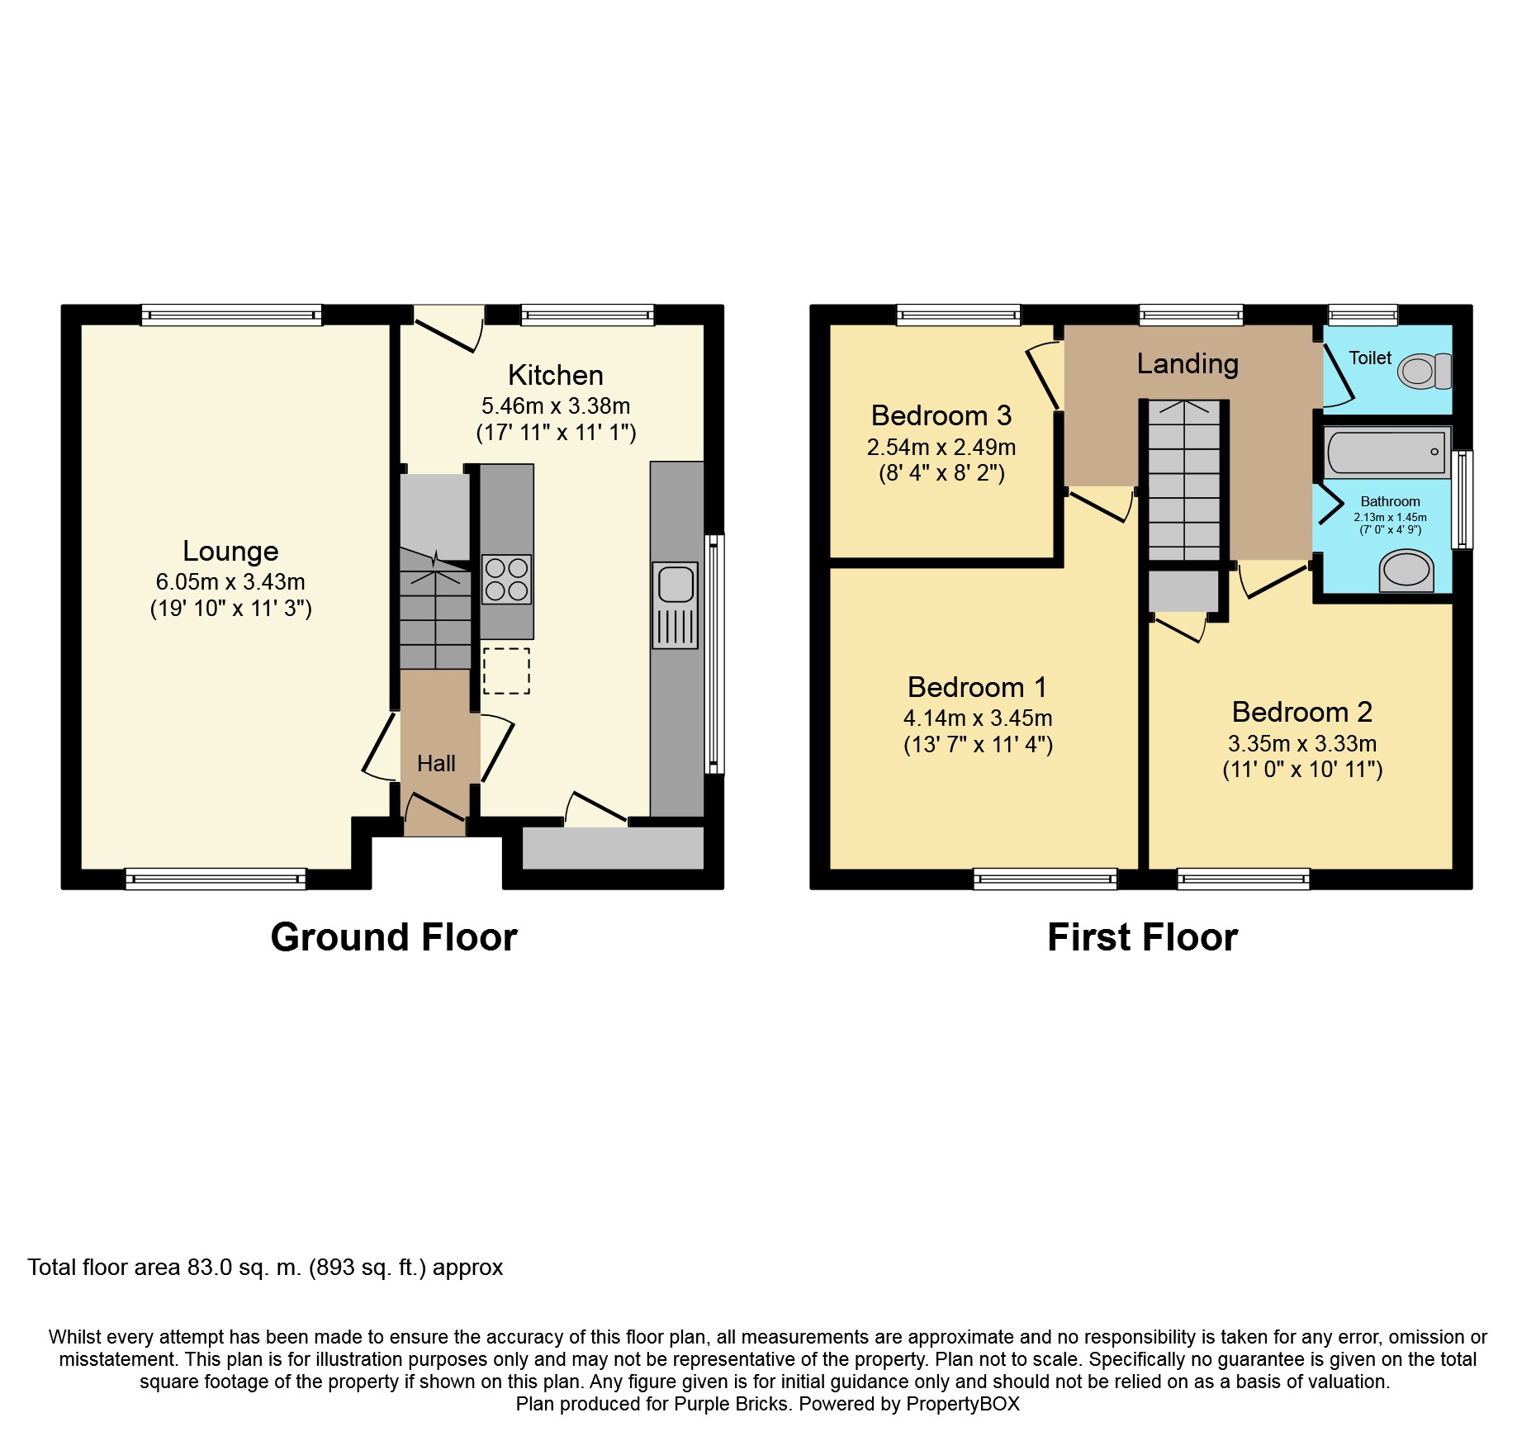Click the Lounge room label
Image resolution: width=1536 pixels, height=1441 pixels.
[x=230, y=551]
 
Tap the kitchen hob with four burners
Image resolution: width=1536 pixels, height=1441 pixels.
[x=506, y=580]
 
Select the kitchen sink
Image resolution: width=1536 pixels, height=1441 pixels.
[x=676, y=604]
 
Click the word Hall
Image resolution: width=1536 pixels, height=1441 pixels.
[x=436, y=763]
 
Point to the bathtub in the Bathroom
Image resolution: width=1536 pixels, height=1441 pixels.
[x=1387, y=452]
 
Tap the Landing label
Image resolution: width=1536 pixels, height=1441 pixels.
[x=1188, y=363]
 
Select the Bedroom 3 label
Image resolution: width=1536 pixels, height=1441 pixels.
[x=941, y=415]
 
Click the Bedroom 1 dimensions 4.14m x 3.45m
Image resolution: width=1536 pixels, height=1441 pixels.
[x=978, y=718]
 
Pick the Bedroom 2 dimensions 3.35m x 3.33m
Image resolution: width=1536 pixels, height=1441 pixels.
[x=1302, y=743]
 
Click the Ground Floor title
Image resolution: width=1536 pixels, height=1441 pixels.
[x=394, y=937]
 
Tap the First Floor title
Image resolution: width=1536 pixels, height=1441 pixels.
[x=1143, y=937]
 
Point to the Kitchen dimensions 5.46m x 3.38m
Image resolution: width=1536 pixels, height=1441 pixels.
[x=556, y=406]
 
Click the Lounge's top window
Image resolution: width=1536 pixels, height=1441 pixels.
[x=231, y=315]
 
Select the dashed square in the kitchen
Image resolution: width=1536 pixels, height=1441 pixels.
[x=506, y=671]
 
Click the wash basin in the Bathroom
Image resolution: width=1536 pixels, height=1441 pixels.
[x=1406, y=571]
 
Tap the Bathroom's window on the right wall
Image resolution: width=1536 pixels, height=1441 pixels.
[x=1462, y=499]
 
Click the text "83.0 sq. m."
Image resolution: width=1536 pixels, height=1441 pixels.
[x=244, y=1268]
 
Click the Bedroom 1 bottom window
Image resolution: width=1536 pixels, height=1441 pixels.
[x=1045, y=879]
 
